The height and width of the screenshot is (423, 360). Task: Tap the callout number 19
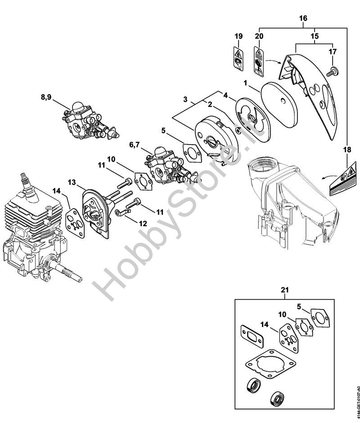(238, 36)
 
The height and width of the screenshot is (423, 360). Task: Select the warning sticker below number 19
(238, 58)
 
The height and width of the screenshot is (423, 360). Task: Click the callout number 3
(185, 99)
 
